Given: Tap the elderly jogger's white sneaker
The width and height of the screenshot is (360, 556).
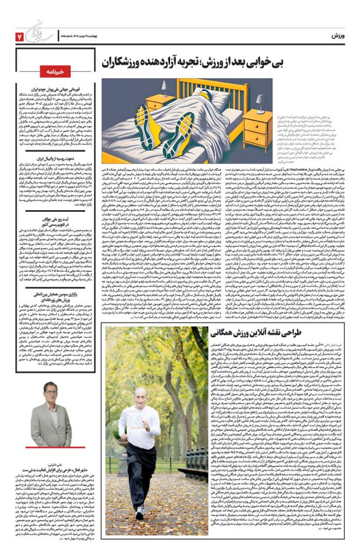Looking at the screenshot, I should [140, 511].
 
